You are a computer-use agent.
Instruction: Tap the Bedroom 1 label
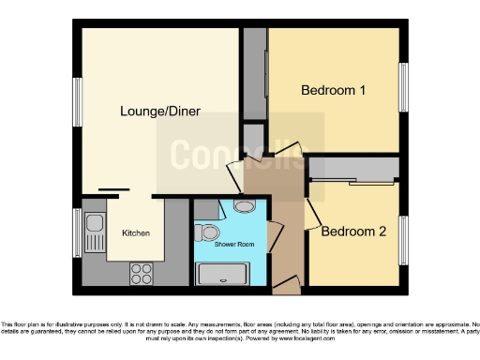click(333, 91)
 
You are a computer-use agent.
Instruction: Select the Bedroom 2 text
click(353, 232)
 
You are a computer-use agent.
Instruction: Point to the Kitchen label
click(135, 232)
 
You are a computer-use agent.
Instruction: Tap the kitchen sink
click(94, 230)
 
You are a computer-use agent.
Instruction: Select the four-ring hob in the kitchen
click(142, 273)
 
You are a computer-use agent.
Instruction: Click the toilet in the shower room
click(210, 232)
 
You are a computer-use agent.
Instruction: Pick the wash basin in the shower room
click(244, 207)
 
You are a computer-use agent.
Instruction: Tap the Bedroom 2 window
click(404, 241)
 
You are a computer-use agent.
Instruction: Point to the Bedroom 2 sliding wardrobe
click(354, 169)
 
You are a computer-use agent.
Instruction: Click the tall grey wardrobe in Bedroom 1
click(254, 75)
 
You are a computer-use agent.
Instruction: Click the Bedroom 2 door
click(311, 214)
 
